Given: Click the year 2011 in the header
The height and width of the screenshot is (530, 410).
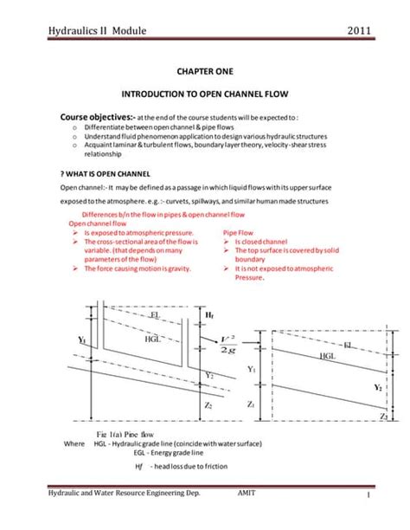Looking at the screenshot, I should click(359, 32).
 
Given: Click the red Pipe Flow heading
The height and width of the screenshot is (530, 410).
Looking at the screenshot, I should click(238, 233).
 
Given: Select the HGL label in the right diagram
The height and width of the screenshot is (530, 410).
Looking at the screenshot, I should click(328, 355).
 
